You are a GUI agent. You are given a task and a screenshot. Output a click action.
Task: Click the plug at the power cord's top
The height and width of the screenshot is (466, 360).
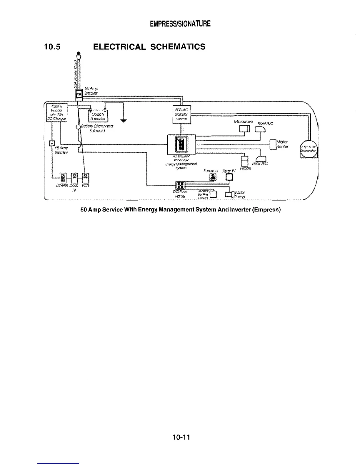(78, 55)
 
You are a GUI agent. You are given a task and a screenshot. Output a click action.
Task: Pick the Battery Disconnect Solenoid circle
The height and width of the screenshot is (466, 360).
(78, 127)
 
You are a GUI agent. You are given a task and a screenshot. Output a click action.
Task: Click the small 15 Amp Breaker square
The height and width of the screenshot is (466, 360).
(52, 143)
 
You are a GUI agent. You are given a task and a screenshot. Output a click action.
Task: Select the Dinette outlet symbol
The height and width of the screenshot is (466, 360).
(64, 178)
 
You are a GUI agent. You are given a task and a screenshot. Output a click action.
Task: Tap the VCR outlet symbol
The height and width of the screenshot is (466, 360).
(86, 177)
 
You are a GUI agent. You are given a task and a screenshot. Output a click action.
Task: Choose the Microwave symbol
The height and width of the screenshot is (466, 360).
(245, 129)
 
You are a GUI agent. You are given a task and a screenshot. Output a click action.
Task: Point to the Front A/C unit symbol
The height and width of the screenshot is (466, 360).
(261, 129)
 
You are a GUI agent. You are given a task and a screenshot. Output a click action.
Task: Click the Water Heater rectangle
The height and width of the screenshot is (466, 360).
(273, 144)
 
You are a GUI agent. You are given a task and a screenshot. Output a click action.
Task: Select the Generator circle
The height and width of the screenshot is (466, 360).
(308, 149)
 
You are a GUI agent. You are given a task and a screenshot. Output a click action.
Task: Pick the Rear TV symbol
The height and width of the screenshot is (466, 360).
(229, 177)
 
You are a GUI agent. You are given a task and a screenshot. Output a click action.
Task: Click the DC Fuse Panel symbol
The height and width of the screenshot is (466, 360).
(180, 185)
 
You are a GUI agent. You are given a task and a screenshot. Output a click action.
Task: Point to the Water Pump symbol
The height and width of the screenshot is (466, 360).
(229, 194)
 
